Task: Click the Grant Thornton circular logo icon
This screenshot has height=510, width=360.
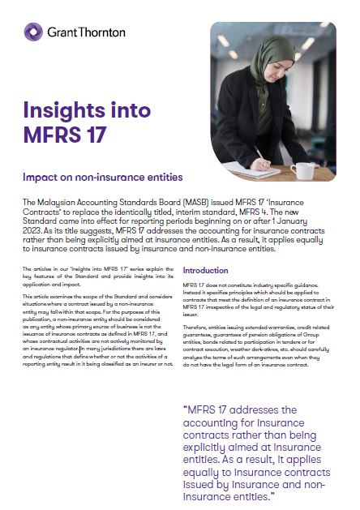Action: (33, 32)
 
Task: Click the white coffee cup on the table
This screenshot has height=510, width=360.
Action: (306, 170)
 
